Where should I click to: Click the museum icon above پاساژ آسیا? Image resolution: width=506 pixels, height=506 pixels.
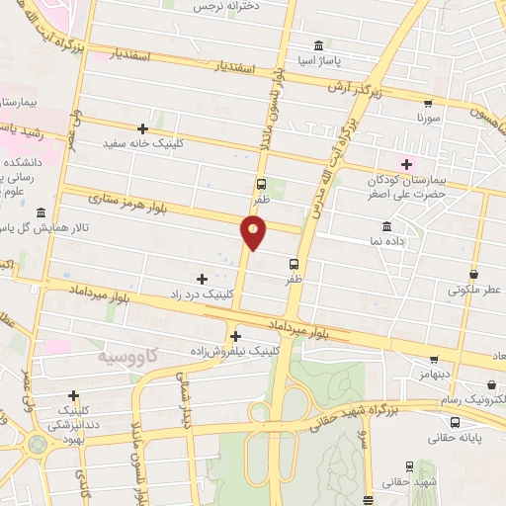(318, 45)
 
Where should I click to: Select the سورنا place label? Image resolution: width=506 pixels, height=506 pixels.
(427, 117)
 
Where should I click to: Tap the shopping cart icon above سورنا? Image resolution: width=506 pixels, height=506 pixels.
(427, 103)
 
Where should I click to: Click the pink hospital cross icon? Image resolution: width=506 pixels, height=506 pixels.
(406, 163)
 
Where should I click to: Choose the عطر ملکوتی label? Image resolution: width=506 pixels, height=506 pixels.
(475, 291)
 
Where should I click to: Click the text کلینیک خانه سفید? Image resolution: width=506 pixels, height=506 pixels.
(143, 142)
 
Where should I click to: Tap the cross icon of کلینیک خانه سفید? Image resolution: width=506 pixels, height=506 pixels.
(143, 128)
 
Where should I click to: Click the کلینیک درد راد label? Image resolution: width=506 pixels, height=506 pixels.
(202, 295)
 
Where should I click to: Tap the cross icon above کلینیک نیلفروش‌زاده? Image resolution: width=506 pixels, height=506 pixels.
(235, 336)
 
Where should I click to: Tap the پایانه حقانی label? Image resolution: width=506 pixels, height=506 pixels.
(456, 436)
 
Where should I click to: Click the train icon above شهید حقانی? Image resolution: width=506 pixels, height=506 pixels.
(409, 466)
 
